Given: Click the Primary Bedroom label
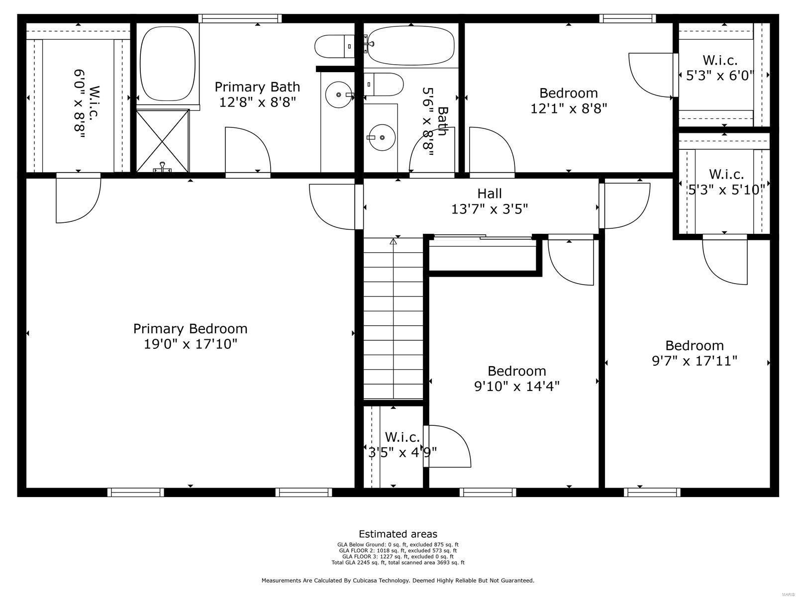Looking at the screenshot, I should pyautogui.click(x=190, y=329).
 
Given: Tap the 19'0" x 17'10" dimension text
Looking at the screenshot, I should pyautogui.click(x=190, y=344).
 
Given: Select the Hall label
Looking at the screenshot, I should pyautogui.click(x=490, y=194).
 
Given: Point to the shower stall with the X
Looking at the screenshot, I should pyautogui.click(x=163, y=140).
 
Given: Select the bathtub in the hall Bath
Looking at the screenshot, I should pyautogui.click(x=411, y=45).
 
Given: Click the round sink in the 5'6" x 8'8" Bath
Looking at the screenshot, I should pyautogui.click(x=382, y=137).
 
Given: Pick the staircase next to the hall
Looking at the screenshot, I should pyautogui.click(x=393, y=318).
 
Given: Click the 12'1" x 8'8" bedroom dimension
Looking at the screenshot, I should pyautogui.click(x=569, y=108).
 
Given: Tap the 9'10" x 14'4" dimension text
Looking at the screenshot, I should pyautogui.click(x=517, y=387).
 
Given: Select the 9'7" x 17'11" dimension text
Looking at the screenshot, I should pyautogui.click(x=695, y=361).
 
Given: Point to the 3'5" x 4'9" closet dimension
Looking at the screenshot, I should pyautogui.click(x=402, y=453).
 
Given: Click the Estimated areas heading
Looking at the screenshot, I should pyautogui.click(x=398, y=534).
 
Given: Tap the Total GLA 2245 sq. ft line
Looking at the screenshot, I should pyautogui.click(x=398, y=563).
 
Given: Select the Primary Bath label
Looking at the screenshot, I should pyautogui.click(x=257, y=87).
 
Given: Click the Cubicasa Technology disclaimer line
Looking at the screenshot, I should pyautogui.click(x=398, y=580).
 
